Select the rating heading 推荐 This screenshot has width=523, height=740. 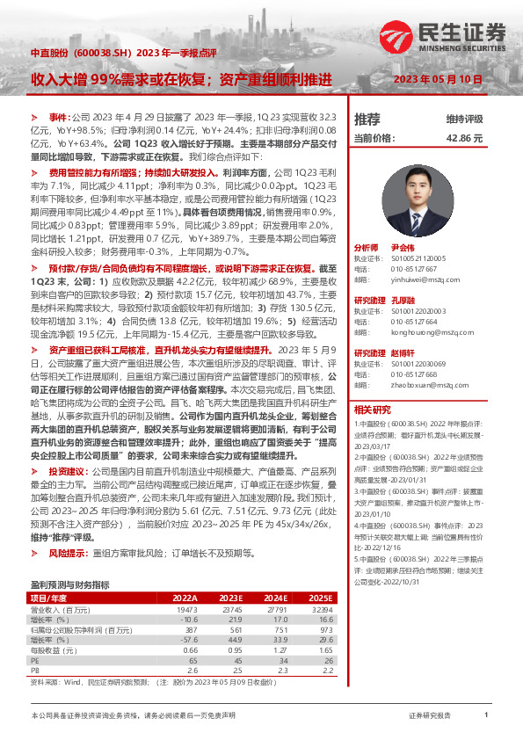367,120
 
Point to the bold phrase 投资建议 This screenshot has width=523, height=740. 69,470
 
